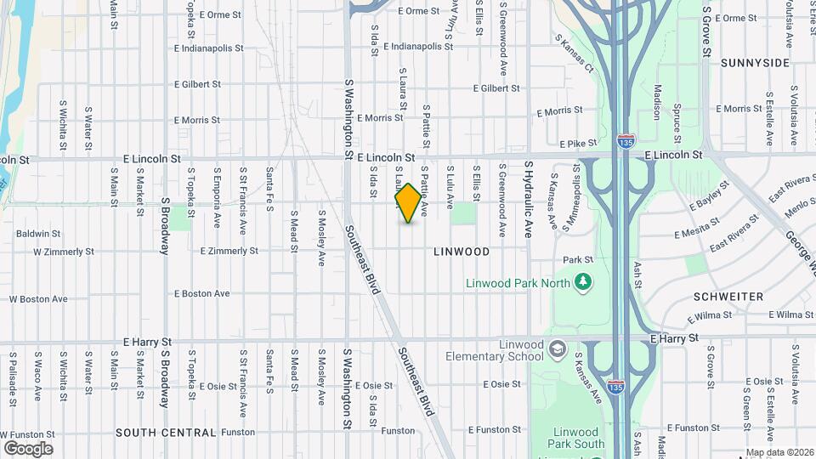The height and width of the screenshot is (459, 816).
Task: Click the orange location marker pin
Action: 408,203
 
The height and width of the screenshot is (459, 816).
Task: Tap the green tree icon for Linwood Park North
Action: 582,281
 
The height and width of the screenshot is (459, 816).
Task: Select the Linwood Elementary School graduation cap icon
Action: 557,349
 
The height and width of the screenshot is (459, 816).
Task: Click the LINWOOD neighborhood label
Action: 462,252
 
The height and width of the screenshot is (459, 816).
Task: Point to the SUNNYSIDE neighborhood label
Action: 756,63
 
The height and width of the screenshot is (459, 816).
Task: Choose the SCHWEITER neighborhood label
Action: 728,297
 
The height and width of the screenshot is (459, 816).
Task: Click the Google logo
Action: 28,448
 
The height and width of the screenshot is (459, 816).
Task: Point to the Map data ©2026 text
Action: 780,452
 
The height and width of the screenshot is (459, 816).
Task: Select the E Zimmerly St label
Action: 229,252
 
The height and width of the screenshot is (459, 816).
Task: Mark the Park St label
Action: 577,260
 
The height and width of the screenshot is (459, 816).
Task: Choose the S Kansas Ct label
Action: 575,51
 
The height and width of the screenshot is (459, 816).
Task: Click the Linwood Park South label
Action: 576,438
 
